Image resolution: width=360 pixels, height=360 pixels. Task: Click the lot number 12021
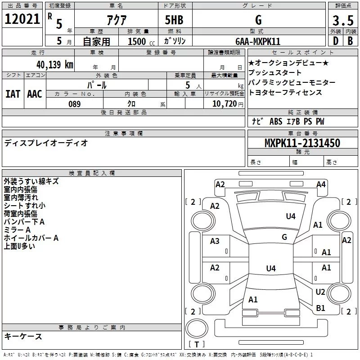pyautogui.click(x=22, y=19)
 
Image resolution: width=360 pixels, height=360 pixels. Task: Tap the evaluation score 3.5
pyautogui.click(x=342, y=20)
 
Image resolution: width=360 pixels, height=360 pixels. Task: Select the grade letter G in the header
pyautogui.click(x=258, y=20)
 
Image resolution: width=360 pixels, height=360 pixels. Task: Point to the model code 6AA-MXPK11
pyautogui.click(x=258, y=41)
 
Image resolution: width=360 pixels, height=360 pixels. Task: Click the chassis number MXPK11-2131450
pyautogui.click(x=302, y=143)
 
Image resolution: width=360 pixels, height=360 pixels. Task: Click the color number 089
pyautogui.click(x=74, y=104)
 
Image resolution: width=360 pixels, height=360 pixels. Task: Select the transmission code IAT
pyautogui.click(x=13, y=94)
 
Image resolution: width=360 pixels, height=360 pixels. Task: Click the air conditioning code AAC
pyautogui.click(x=35, y=94)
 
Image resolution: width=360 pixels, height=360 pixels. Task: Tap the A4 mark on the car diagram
pyautogui.click(x=321, y=184)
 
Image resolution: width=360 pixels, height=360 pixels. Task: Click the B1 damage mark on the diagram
pyautogui.click(x=320, y=308)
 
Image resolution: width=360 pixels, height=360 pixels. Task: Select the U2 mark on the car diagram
pyautogui.click(x=320, y=292)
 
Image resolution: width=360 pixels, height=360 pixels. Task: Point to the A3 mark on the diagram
pyautogui.click(x=215, y=241)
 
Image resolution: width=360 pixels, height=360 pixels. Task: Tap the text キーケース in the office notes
pyautogui.click(x=23, y=337)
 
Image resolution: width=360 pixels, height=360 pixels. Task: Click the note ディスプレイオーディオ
pyautogui.click(x=46, y=143)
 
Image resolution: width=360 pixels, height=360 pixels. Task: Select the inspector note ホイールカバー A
pyautogui.click(x=31, y=238)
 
